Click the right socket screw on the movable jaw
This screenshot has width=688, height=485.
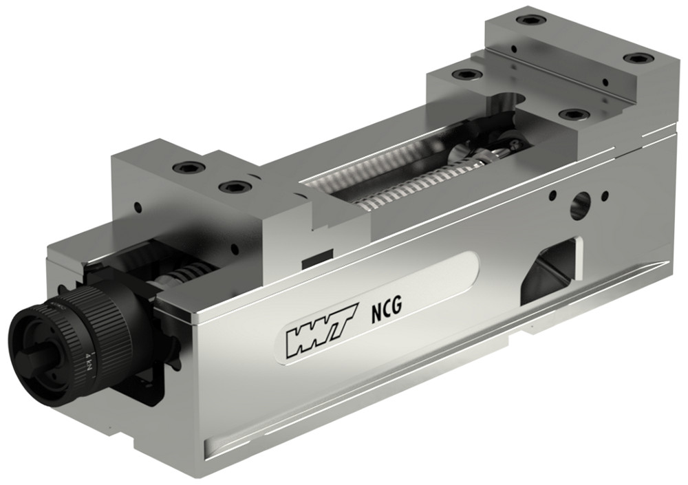coord(231,186)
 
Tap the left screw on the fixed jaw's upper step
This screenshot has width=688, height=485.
coord(528,20)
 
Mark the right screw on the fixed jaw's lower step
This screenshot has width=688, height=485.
coord(571,114)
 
